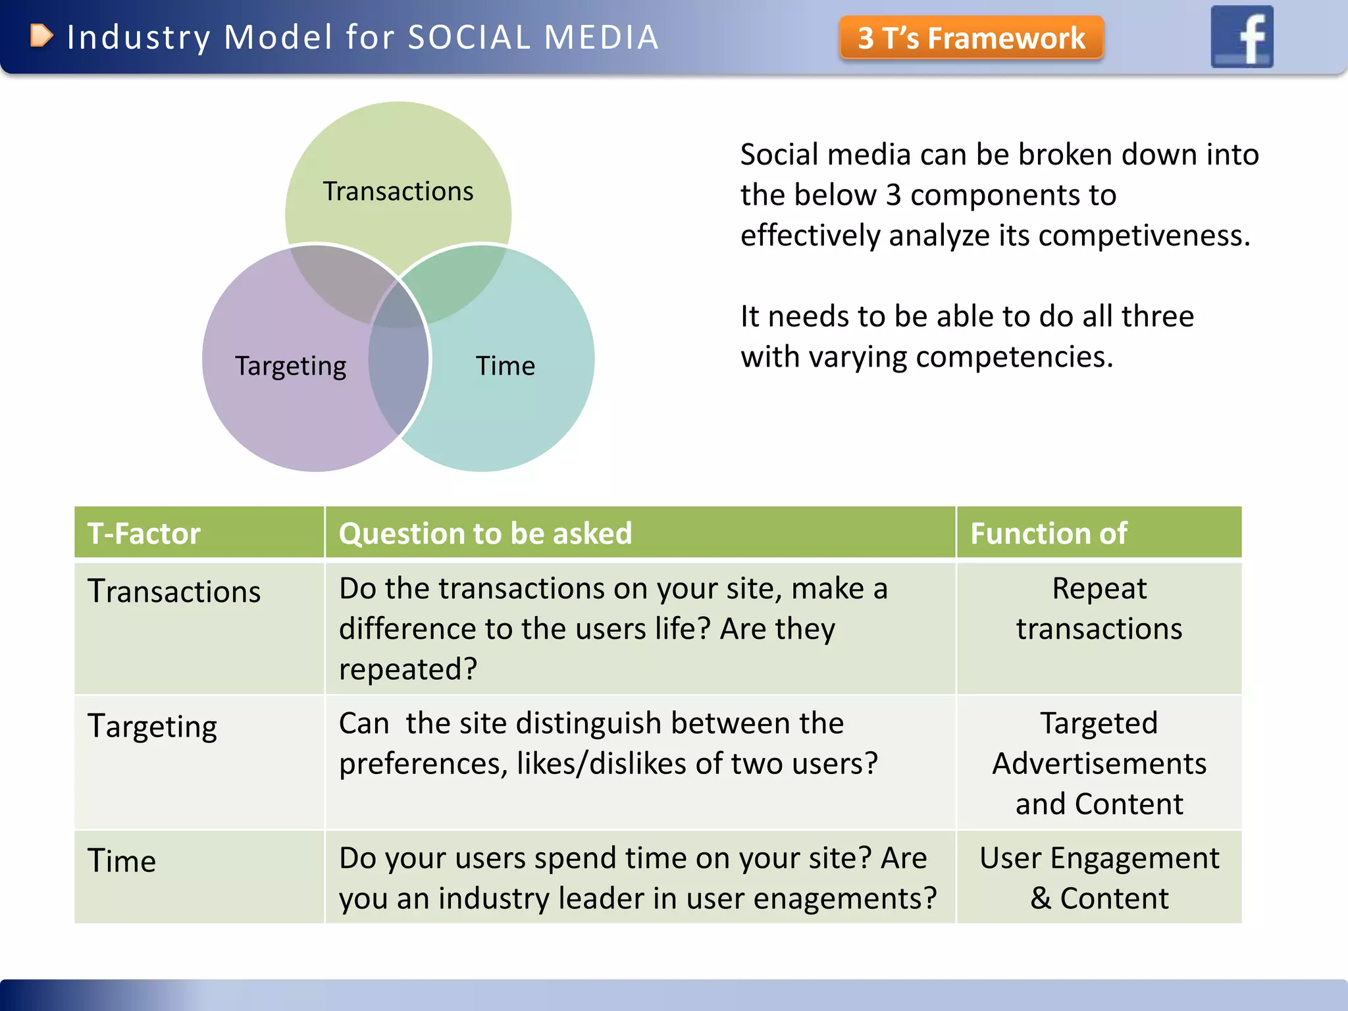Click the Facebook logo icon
[1242, 37]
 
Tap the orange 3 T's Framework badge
[971, 38]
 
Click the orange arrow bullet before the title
[41, 36]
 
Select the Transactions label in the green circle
[398, 192]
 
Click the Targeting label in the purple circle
[290, 366]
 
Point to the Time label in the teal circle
[505, 366]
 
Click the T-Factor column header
[144, 533]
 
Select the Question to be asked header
[485, 533]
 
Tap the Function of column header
[1049, 533]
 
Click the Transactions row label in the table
[174, 591]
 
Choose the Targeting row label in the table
[153, 727]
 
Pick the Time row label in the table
[122, 861]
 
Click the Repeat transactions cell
[1099, 609]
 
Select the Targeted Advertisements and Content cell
[1099, 764]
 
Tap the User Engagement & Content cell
[1099, 878]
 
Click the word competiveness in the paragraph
[1143, 236]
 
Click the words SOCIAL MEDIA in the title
[533, 37]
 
